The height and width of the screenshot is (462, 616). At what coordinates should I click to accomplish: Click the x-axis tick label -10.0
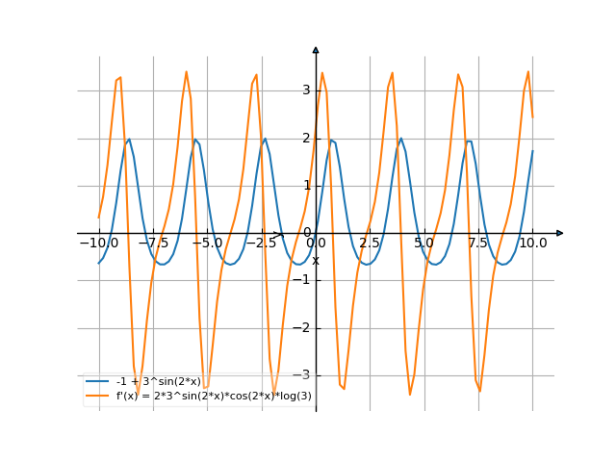[x=99, y=244]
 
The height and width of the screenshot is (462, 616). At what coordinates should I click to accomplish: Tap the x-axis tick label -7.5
[x=153, y=244]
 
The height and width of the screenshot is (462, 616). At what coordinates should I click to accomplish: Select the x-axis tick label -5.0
[x=207, y=244]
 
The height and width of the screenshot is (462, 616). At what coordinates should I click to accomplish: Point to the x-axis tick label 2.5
[x=370, y=244]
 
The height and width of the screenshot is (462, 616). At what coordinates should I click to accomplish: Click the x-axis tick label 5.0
[x=423, y=244]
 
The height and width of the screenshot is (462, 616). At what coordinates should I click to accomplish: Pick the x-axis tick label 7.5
[x=478, y=244]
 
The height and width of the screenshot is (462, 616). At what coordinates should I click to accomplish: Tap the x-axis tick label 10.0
[x=532, y=244]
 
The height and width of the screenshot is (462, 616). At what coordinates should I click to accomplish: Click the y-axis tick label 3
[x=306, y=90]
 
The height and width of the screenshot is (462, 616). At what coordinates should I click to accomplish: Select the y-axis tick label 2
[x=306, y=138]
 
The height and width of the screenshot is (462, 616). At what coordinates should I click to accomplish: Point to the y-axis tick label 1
[x=306, y=185]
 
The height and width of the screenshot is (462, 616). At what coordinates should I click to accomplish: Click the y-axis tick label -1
[x=303, y=280]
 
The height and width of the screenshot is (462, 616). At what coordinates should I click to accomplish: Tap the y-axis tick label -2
[x=303, y=327]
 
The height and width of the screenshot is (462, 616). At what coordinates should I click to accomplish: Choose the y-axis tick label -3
[x=303, y=374]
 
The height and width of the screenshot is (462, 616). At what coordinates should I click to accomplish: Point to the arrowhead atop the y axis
[x=316, y=49]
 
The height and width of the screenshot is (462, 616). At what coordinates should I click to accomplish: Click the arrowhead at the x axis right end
[x=560, y=233]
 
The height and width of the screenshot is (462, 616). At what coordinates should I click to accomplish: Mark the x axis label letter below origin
[x=316, y=260]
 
